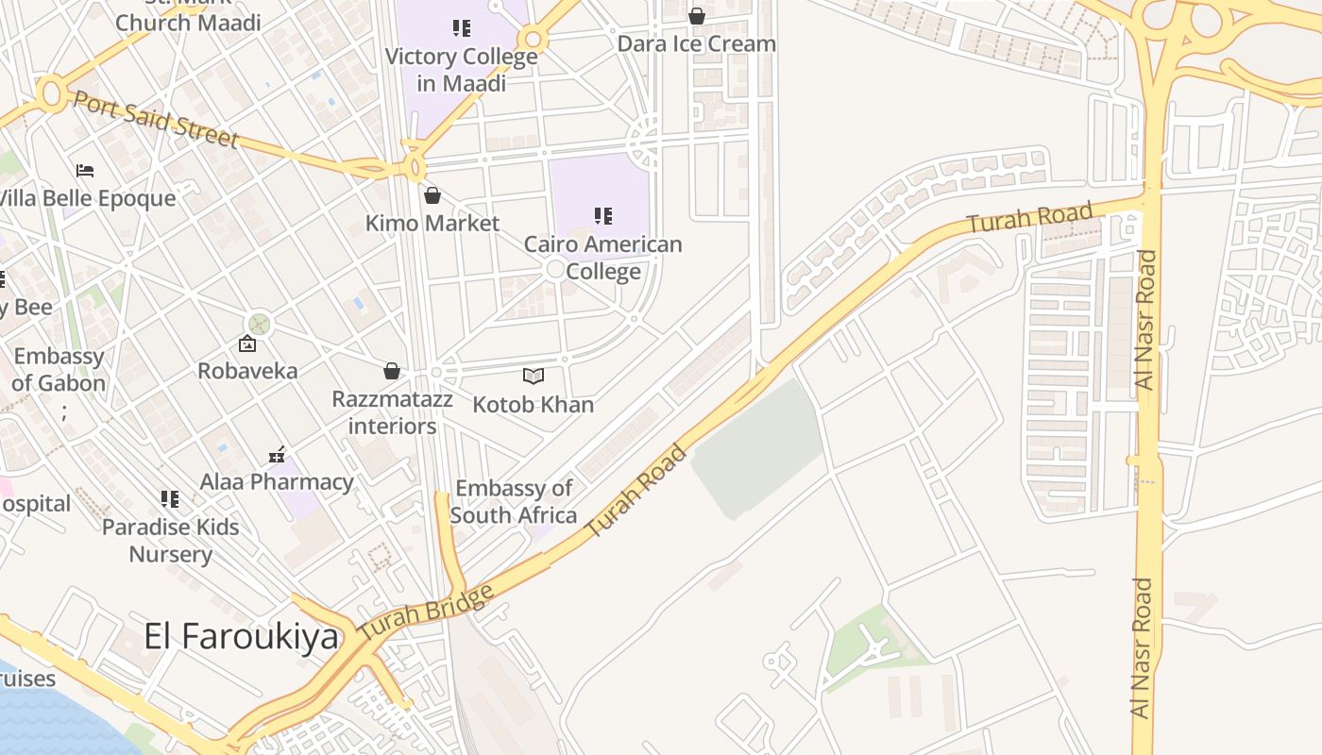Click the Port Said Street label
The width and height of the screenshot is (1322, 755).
click(x=156, y=120)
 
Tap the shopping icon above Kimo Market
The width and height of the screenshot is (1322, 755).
click(x=432, y=195)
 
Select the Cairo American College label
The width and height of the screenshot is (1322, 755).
click(x=602, y=258)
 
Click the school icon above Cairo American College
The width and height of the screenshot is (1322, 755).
click(x=602, y=216)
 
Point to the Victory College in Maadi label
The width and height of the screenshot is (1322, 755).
click(x=461, y=69)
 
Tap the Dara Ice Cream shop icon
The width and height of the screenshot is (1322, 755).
click(x=696, y=16)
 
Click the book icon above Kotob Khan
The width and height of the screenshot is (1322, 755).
click(x=534, y=377)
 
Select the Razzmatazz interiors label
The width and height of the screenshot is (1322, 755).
click(x=392, y=412)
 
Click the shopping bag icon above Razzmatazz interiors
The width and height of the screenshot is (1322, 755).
click(x=391, y=371)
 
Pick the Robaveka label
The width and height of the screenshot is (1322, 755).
click(x=247, y=371)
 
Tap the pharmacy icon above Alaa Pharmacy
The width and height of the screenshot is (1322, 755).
click(x=277, y=455)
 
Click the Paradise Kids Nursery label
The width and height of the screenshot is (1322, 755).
click(x=171, y=540)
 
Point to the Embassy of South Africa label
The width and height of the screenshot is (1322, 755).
click(x=514, y=501)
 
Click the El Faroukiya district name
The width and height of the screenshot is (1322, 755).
click(x=241, y=636)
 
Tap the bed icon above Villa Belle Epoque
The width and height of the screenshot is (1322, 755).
click(x=85, y=171)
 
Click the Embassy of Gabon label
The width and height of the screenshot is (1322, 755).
click(x=59, y=370)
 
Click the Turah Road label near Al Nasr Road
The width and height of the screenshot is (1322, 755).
click(x=1029, y=218)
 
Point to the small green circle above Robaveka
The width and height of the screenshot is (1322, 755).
click(x=260, y=324)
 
